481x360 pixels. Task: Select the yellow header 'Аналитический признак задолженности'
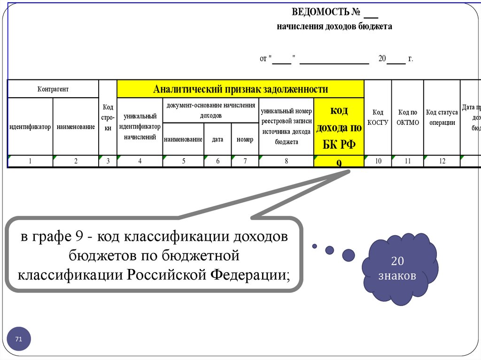click(x=240, y=89)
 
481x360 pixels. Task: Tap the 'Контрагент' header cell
click(x=53, y=89)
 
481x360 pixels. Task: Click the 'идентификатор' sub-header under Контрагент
click(x=30, y=127)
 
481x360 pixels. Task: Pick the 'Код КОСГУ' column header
click(x=378, y=117)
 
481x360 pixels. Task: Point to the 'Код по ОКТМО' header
click(x=408, y=117)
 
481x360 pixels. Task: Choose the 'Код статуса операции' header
click(x=442, y=117)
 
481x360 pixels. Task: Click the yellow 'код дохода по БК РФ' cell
click(x=339, y=127)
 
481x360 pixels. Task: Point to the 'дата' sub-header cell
click(x=217, y=139)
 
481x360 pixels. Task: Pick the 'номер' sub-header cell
click(x=245, y=139)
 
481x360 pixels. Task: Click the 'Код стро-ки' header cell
click(x=108, y=117)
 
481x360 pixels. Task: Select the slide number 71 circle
click(x=19, y=339)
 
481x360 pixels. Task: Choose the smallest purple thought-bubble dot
click(x=315, y=246)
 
